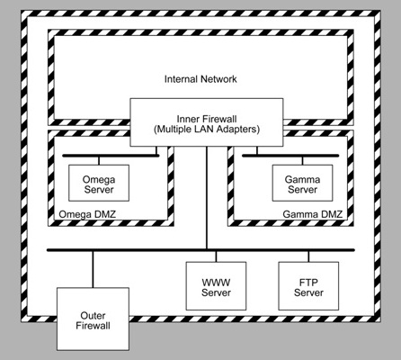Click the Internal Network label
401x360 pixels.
[x=200, y=79]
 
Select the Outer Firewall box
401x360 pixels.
[x=91, y=319]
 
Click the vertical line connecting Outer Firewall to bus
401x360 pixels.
[x=92, y=269]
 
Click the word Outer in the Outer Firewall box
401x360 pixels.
[x=91, y=314]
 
